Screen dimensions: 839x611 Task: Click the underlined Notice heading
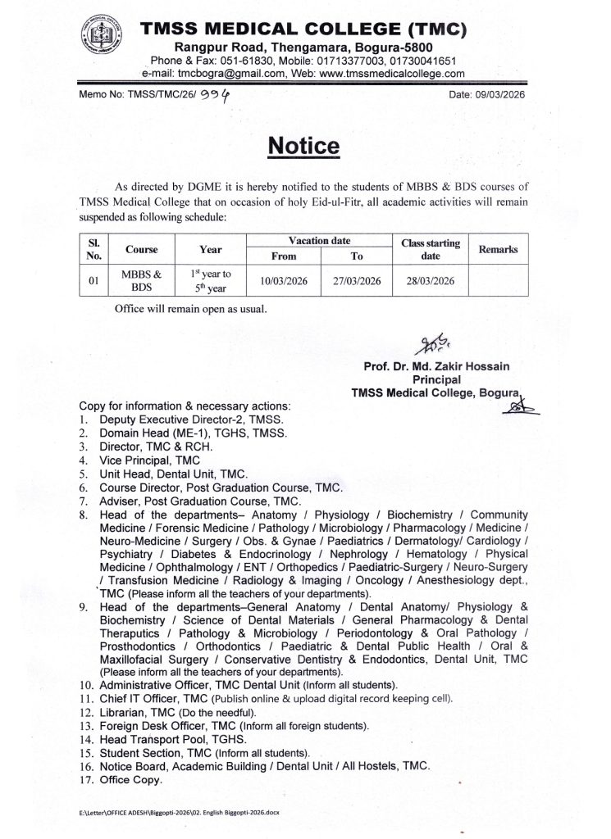[x=303, y=146]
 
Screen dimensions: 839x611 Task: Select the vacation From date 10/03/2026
[x=284, y=281]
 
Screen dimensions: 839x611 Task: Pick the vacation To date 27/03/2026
[x=357, y=281]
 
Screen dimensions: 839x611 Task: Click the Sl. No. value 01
[x=93, y=281]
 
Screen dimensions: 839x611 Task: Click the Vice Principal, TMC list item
[x=138, y=460]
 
